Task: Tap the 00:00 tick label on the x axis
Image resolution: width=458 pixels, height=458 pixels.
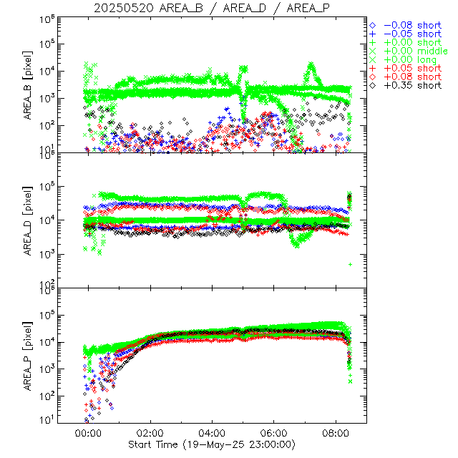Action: (88, 433)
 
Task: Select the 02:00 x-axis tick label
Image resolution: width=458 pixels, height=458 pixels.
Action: (150, 433)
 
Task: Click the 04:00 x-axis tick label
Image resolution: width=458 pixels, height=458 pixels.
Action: (213, 433)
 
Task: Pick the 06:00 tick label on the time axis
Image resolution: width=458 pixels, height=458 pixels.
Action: (275, 433)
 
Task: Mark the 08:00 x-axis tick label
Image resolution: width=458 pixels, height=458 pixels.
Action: (337, 433)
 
